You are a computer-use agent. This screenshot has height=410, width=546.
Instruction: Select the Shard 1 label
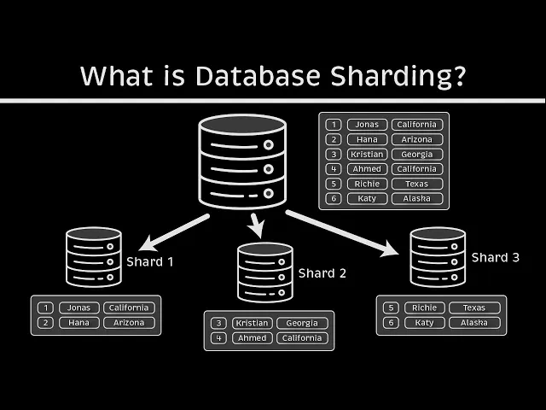(x=150, y=261)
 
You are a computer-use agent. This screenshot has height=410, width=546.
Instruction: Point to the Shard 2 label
(x=322, y=273)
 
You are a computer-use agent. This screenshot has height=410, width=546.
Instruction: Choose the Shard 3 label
(x=496, y=257)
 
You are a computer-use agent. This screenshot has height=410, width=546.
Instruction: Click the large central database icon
(x=241, y=161)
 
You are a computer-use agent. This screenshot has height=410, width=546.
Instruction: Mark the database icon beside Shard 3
(x=438, y=255)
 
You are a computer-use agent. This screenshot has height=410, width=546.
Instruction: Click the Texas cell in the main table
(x=417, y=184)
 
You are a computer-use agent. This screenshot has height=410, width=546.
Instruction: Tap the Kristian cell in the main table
(x=367, y=155)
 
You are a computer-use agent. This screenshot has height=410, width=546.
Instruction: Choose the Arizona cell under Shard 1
(x=130, y=323)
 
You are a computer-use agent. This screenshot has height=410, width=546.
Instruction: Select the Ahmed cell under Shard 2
(x=252, y=338)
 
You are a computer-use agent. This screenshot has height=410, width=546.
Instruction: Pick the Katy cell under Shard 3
(x=424, y=323)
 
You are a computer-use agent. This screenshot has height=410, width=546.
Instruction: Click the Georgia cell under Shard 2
(x=302, y=324)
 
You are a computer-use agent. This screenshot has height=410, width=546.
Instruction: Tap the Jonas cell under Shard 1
(x=79, y=307)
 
